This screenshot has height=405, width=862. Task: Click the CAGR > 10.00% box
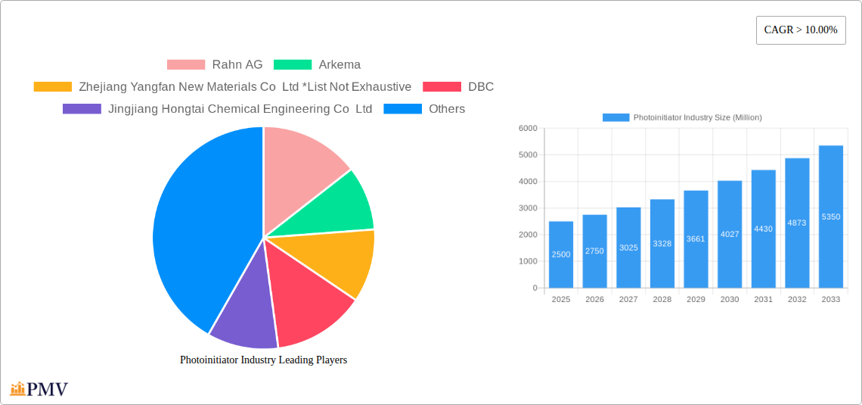click(801, 30)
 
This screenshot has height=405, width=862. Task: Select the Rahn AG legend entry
click(215, 65)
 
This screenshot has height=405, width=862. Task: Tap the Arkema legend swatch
click(293, 65)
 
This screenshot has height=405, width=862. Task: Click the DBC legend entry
click(458, 87)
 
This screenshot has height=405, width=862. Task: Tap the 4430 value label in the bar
click(763, 229)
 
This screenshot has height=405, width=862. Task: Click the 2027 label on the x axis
click(628, 300)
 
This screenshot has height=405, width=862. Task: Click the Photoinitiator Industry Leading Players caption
click(263, 360)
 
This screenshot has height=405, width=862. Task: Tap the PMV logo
click(39, 390)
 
